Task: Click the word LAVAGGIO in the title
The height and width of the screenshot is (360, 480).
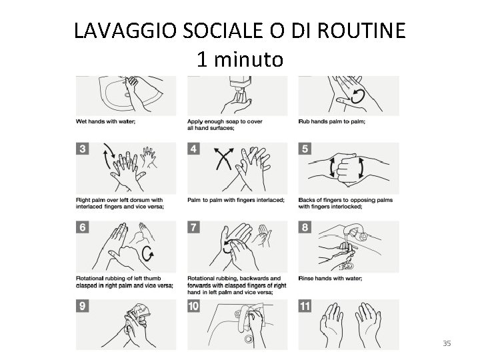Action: point(125,30)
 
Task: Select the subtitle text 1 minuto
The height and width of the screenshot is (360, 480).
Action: point(240,59)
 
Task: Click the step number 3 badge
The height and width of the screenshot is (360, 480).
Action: point(83,149)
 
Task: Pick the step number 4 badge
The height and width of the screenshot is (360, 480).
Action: point(194,149)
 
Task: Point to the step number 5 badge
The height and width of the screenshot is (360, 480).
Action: point(305,149)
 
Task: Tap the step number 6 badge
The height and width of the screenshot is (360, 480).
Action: point(83,227)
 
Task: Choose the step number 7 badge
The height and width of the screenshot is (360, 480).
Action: point(194,227)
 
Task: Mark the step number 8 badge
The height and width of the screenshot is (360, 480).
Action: point(305,227)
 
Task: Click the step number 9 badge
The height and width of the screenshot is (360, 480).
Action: point(83,306)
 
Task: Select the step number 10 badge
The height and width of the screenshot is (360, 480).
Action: point(194,306)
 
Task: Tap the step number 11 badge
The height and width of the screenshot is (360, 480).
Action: point(305,306)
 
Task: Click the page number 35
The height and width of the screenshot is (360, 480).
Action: point(447,343)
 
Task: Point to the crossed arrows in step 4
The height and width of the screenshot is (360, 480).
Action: point(224,159)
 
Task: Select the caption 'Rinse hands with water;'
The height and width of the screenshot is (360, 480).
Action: point(330,278)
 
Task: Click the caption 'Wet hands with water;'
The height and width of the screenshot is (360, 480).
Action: point(105,121)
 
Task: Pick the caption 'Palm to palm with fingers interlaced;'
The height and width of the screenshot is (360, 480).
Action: point(236,200)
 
